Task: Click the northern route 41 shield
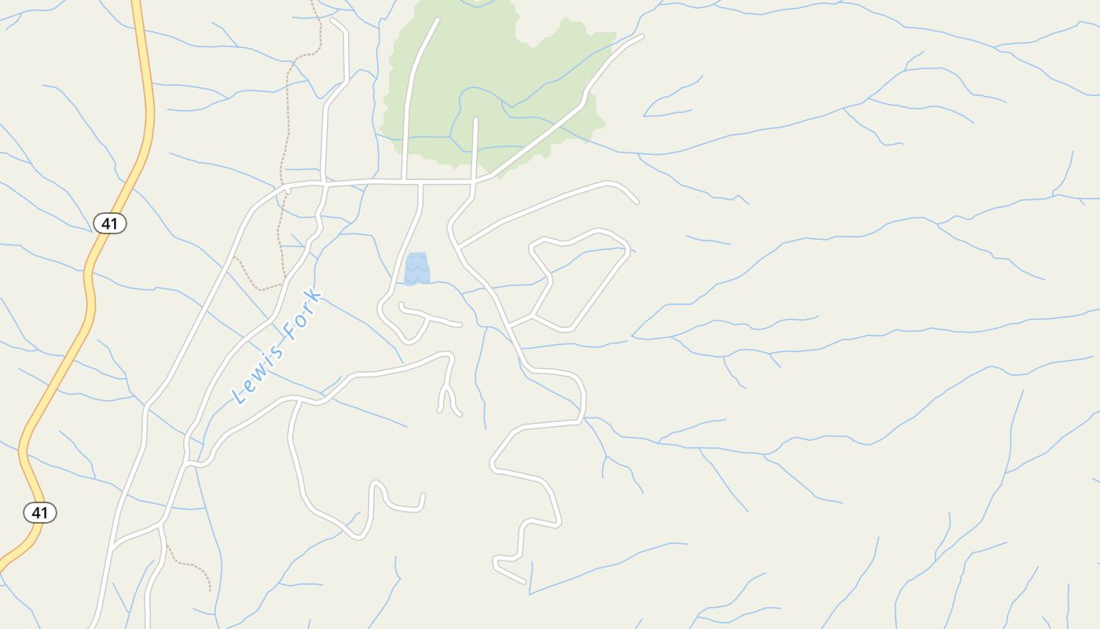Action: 110,223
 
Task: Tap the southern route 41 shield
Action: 40,513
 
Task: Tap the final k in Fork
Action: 316,296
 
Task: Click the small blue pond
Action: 417,268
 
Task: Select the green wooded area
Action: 503,86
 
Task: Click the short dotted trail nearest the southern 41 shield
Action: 189,563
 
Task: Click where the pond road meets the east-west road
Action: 421,182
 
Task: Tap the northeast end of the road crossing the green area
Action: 641,36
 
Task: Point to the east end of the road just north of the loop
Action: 636,202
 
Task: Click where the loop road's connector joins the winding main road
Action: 509,325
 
